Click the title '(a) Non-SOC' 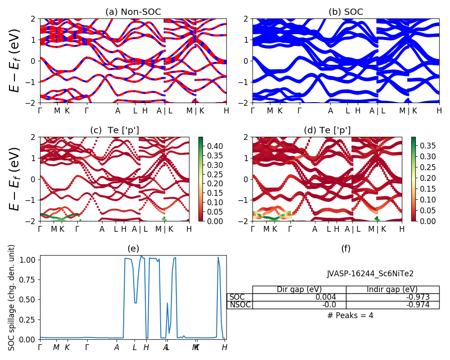(x=133, y=12)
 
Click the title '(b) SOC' (x=346, y=12)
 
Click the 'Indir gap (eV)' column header (x=392, y=289)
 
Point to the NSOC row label (x=239, y=305)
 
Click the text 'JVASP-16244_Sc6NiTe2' (x=370, y=273)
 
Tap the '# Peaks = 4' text (x=350, y=315)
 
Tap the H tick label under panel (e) (x=224, y=347)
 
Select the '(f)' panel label (x=346, y=248)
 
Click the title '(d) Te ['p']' (x=327, y=130)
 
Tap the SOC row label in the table (x=238, y=297)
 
